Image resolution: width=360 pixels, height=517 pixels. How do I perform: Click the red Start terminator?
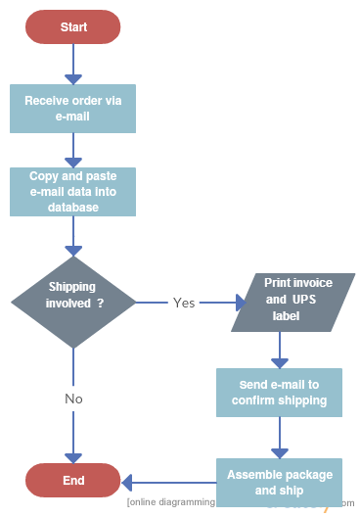(73, 27)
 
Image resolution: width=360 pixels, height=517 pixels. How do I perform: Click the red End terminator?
(73, 481)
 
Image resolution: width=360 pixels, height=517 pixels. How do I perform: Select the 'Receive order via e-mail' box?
(73, 109)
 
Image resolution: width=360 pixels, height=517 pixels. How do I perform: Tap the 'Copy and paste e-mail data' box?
(73, 192)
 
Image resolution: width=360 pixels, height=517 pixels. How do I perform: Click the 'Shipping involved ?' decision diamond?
(73, 303)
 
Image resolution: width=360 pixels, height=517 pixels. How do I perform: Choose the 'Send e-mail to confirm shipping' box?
(280, 392)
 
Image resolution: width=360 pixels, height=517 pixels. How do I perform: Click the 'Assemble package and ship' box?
(280, 481)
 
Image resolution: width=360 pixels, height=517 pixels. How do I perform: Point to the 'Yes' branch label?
(184, 303)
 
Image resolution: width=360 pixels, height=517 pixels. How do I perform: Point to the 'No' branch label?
(73, 399)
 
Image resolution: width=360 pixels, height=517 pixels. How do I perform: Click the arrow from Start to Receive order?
(73, 65)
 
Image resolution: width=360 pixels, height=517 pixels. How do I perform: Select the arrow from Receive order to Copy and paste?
(73, 150)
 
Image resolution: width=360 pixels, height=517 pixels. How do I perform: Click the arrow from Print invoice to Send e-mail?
(280, 350)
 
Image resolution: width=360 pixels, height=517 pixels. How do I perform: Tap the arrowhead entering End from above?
(73, 457)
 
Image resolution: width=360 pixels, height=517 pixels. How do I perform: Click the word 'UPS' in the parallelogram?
(300, 300)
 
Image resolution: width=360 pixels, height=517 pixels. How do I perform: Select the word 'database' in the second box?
(73, 208)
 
